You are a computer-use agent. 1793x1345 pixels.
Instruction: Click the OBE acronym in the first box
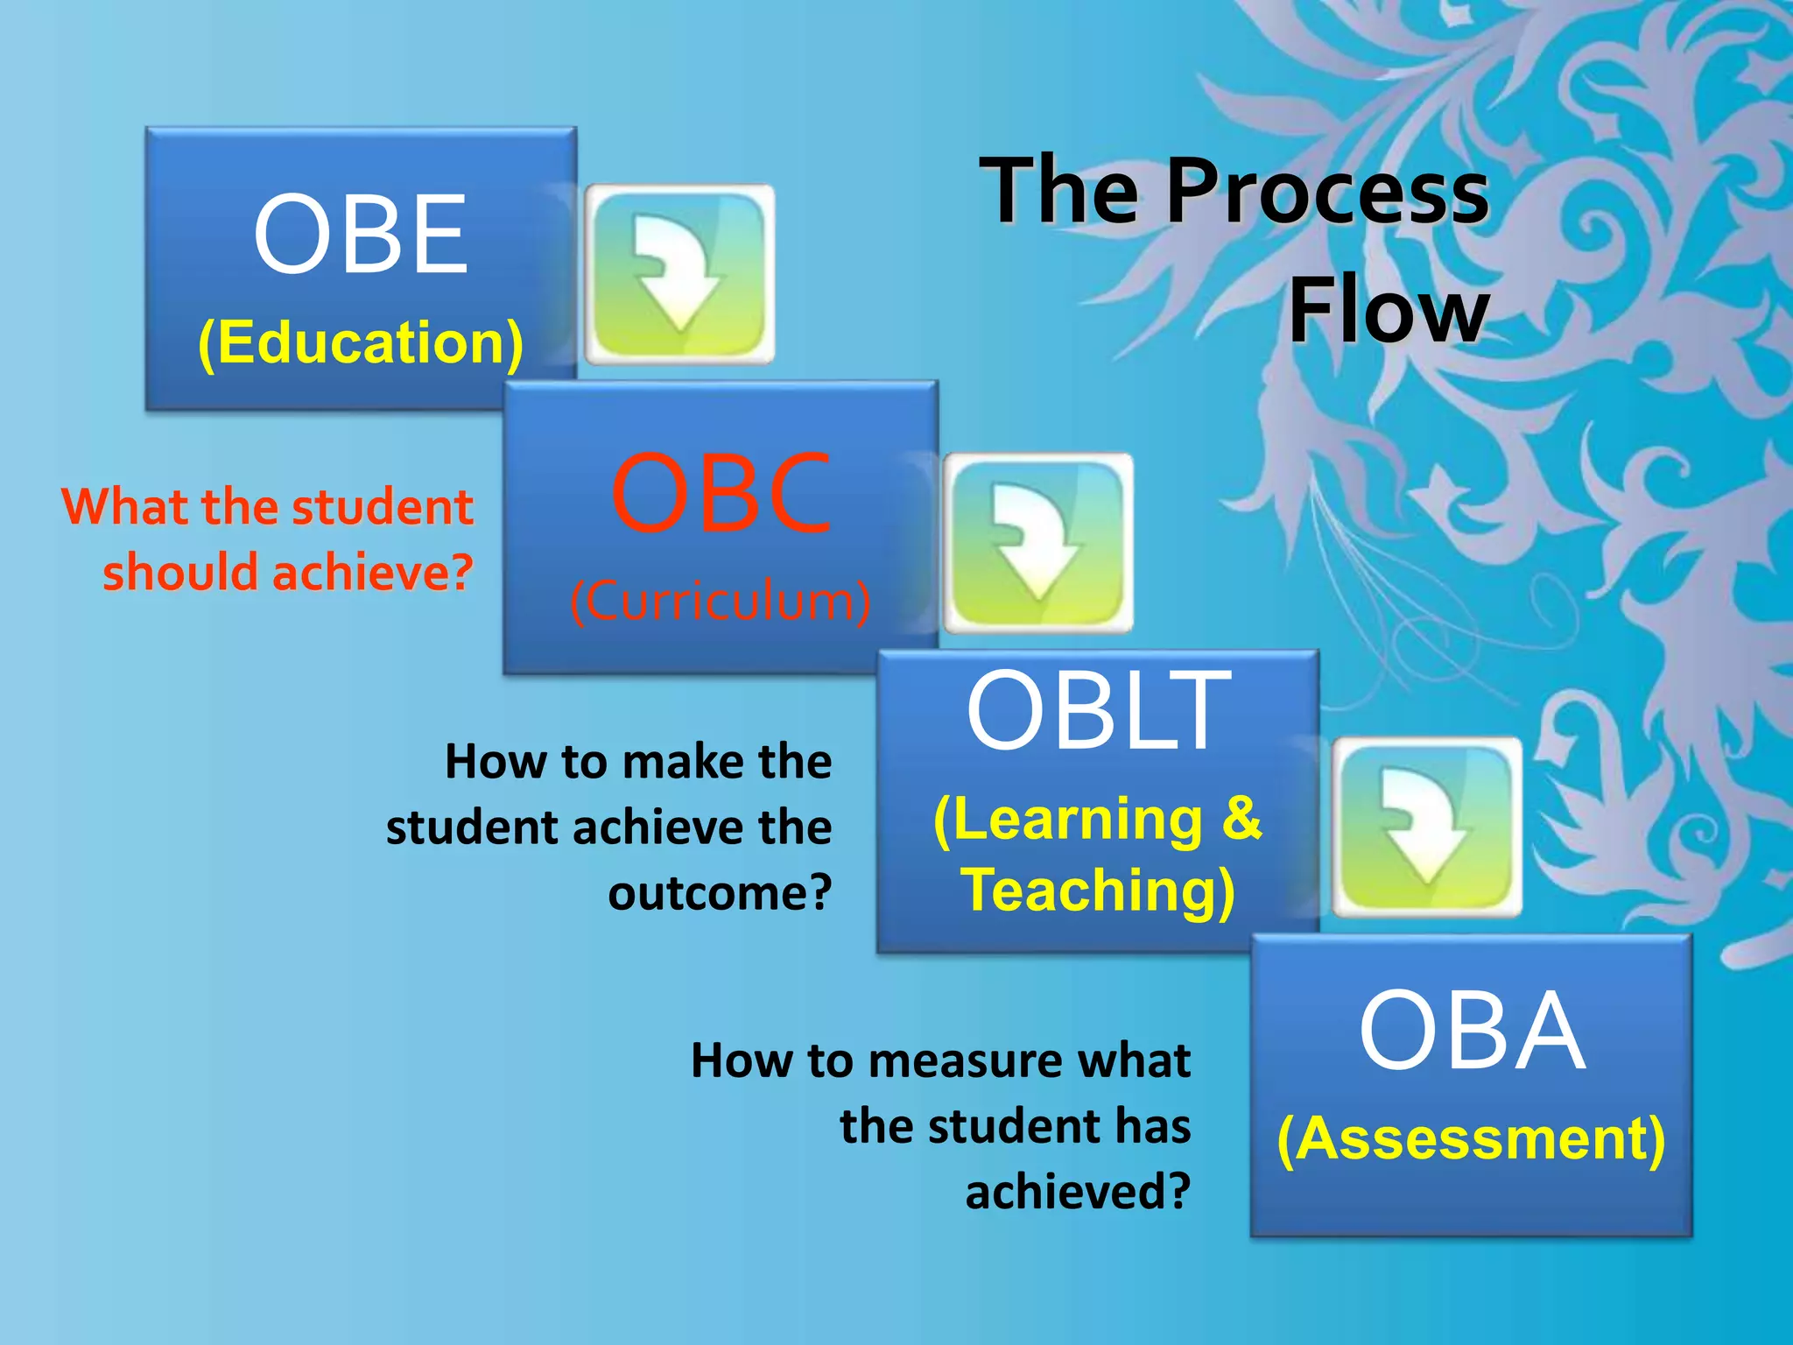[360, 234]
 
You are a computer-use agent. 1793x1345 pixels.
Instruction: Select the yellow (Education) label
[360, 342]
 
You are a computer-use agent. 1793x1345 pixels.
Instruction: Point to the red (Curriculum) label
[721, 602]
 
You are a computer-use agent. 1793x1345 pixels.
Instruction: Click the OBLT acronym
[1098, 710]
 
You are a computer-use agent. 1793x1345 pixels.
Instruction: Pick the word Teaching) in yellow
[1098, 891]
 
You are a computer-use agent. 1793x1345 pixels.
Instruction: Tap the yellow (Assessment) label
[1471, 1139]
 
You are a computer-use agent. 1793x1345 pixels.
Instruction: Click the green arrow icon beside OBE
[679, 274]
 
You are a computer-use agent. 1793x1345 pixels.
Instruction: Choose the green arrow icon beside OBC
[1037, 543]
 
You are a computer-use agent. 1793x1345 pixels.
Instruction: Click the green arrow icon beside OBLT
[1427, 827]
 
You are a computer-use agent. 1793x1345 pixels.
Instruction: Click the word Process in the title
[1326, 191]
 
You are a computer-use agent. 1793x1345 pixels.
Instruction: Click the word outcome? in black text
[720, 893]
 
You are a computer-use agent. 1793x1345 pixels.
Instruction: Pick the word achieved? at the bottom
[1078, 1192]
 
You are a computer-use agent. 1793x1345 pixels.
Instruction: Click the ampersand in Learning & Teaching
[1241, 818]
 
